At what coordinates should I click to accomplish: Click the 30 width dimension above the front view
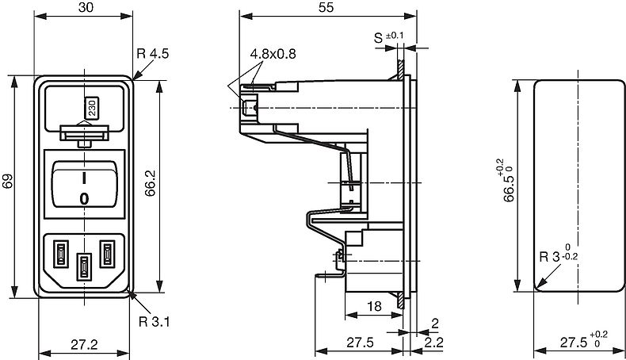pyautogui.click(x=86, y=7)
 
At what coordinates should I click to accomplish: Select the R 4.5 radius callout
pyautogui.click(x=153, y=54)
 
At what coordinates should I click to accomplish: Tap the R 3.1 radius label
pyautogui.click(x=154, y=321)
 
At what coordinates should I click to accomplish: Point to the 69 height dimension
pyautogui.click(x=8, y=181)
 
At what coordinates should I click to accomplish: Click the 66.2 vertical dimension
pyautogui.click(x=150, y=183)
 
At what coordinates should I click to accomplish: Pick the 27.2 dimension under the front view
pyautogui.click(x=84, y=344)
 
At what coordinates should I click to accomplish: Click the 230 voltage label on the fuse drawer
pyautogui.click(x=92, y=108)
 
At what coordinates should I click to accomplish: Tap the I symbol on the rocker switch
pyautogui.click(x=84, y=178)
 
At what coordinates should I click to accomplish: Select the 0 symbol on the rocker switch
pyautogui.click(x=84, y=198)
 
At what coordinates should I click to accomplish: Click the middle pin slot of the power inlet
pyautogui.click(x=84, y=266)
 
